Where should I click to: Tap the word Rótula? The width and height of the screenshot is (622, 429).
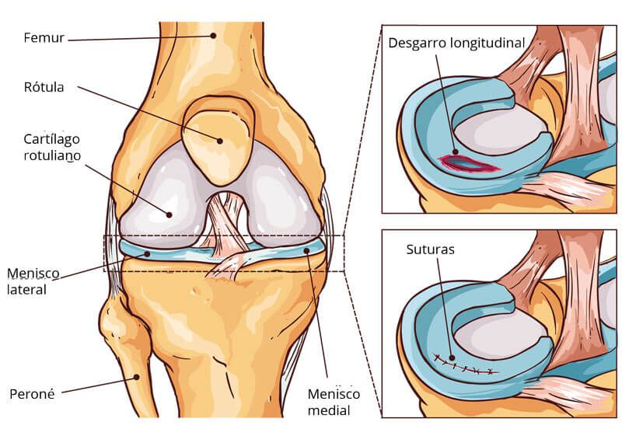coord(43,87)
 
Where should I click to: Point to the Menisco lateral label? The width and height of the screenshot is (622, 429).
coord(26,281)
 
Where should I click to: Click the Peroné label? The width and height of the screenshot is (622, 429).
coord(30,392)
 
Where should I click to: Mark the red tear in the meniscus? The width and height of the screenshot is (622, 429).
coord(467,162)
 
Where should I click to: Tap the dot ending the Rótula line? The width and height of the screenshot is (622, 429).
coord(220,141)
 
